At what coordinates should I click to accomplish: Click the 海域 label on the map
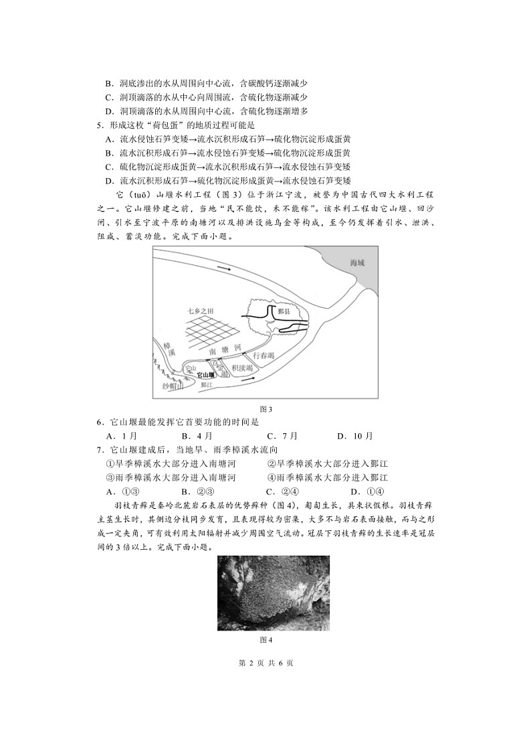pyautogui.click(x=349, y=263)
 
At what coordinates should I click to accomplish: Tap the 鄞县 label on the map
pyautogui.click(x=284, y=312)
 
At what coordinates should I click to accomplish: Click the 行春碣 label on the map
pyautogui.click(x=262, y=356)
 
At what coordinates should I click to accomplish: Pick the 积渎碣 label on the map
pyautogui.click(x=241, y=369)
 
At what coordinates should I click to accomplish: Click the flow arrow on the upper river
pyautogui.click(x=226, y=268)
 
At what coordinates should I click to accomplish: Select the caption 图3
pyautogui.click(x=265, y=408)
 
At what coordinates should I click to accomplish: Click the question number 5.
pyautogui.click(x=99, y=125)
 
